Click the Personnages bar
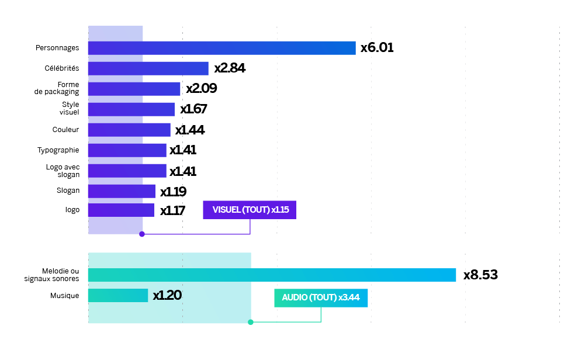pyautogui.click(x=221, y=48)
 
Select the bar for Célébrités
pyautogui.click(x=148, y=68)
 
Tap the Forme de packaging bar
pyautogui.click(x=134, y=89)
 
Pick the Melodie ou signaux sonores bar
pyautogui.click(x=272, y=275)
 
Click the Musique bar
pyautogui.click(x=117, y=296)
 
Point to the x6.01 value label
pyautogui.click(x=377, y=48)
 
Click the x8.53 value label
pyautogui.click(x=480, y=275)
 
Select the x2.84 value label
pyautogui.click(x=230, y=68)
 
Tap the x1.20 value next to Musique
pyautogui.click(x=167, y=296)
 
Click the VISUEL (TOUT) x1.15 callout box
pyautogui.click(x=250, y=210)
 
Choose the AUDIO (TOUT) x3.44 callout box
pyautogui.click(x=321, y=297)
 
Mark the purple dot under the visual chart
pyautogui.click(x=142, y=234)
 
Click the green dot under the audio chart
pyautogui.click(x=251, y=322)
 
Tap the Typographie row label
pyautogui.click(x=58, y=150)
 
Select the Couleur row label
pyautogui.click(x=65, y=130)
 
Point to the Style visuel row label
pyautogui.click(x=70, y=109)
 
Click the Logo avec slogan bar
pyautogui.click(x=127, y=171)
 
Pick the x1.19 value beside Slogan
pyautogui.click(x=173, y=192)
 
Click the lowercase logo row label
pyautogui.click(x=72, y=209)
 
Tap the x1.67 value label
pyautogui.click(x=193, y=109)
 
